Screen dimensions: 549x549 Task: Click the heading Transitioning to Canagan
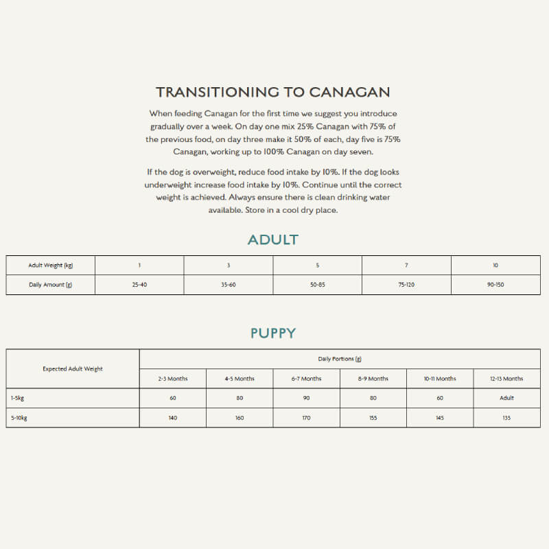(273, 92)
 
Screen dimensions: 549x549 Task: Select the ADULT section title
(273, 240)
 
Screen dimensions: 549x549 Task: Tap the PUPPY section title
(273, 333)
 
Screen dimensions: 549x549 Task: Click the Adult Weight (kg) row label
(51, 265)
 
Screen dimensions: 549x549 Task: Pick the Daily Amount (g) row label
(51, 284)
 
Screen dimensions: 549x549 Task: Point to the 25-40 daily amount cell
(139, 284)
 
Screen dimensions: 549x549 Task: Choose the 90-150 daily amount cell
(495, 284)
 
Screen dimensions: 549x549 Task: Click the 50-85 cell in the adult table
(318, 284)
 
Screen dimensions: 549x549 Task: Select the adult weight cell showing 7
(406, 265)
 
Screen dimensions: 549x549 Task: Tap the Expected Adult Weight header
(73, 369)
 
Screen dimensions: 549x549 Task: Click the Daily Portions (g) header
(340, 359)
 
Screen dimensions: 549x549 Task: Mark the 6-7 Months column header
(306, 379)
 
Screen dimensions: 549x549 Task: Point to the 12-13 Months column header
(506, 379)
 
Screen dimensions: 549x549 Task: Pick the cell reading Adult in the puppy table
(506, 398)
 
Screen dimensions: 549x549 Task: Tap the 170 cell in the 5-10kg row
(306, 417)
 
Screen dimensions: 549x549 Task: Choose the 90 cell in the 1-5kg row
(306, 398)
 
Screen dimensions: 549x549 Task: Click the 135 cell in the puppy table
(506, 417)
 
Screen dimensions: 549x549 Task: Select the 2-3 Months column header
(172, 379)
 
